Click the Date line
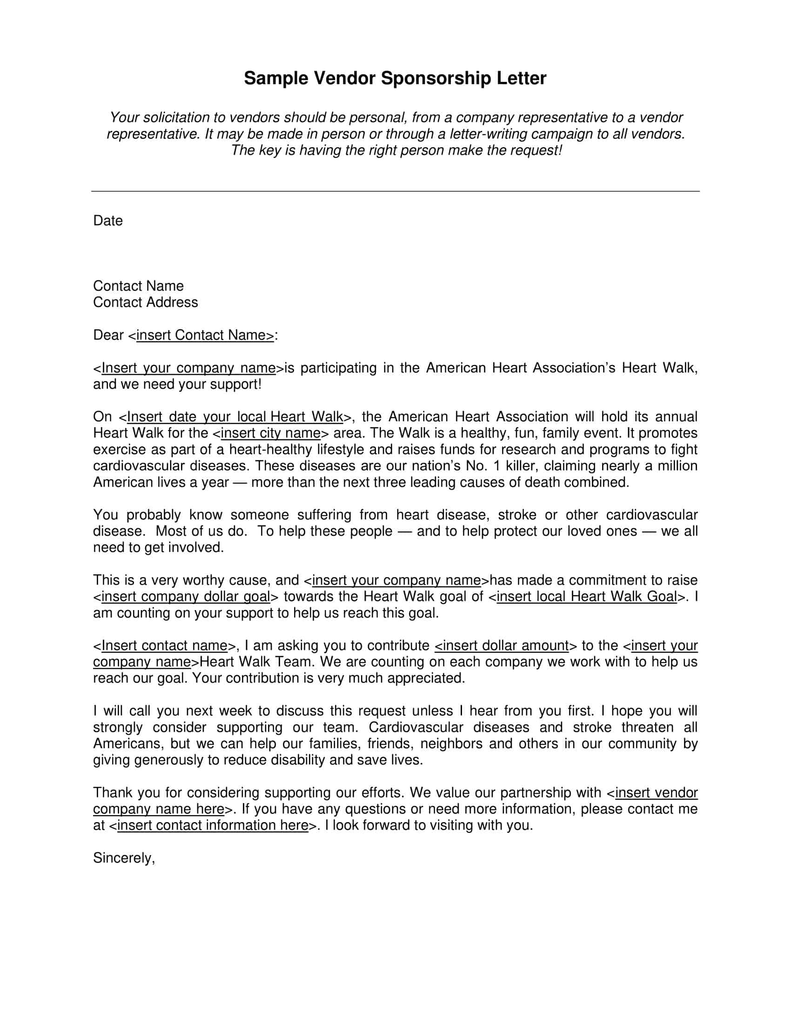108,220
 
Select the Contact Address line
145,302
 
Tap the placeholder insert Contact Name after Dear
205,335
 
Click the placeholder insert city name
270,433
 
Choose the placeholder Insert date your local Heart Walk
235,417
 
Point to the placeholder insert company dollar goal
186,597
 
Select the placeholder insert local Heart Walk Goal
587,597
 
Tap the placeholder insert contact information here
213,825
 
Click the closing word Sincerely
123,857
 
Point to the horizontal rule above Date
395,191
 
